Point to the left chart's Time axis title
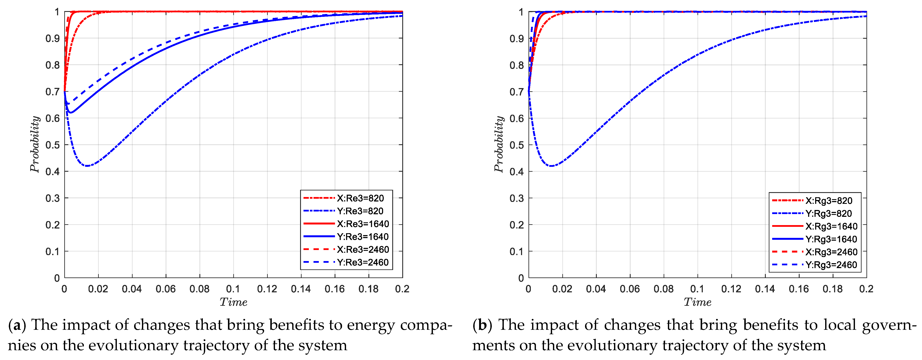pos(233,302)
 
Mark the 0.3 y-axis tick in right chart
pos(517,198)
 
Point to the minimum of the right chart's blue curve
pos(551,166)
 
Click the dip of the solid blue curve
pos(70,113)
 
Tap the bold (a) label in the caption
pos(17,325)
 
